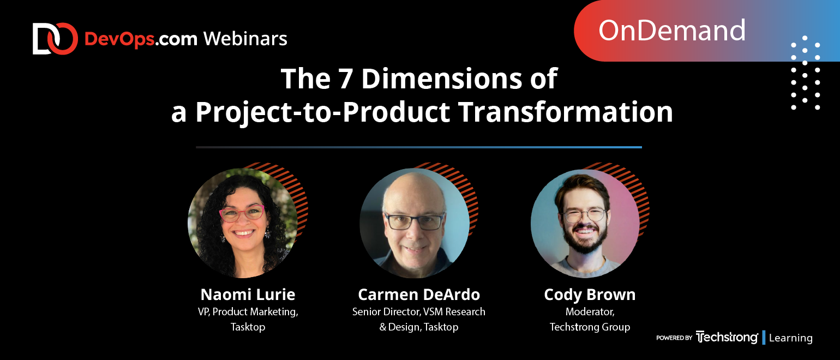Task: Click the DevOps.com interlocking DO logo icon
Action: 55,39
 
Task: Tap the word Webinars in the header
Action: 245,39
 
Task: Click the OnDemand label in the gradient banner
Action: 671,31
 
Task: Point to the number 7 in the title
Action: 346,79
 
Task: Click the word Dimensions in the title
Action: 441,79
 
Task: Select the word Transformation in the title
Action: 566,112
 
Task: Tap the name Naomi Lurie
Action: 248,295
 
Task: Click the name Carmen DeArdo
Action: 419,295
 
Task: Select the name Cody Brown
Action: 590,295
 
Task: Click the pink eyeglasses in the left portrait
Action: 242,213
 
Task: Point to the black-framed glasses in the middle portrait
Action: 415,221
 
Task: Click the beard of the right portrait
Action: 585,239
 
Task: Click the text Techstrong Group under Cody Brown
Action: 590,327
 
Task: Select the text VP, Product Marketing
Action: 248,312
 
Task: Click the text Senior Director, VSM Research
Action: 419,312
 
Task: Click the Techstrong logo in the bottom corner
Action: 727,338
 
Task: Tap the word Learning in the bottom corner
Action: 791,338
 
